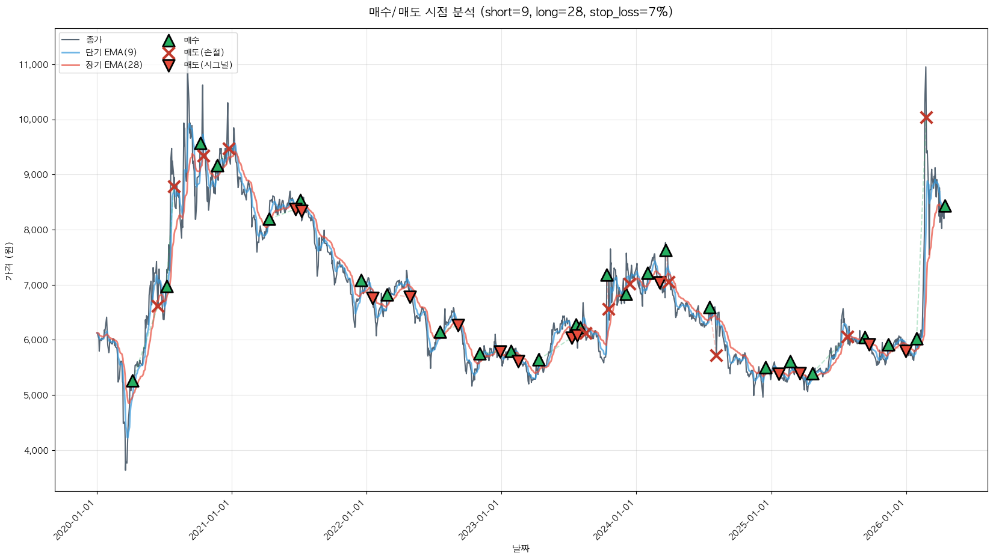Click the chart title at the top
521,12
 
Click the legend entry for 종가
94,40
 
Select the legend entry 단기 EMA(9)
111,52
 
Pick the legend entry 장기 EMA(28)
114,65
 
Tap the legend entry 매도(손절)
203,52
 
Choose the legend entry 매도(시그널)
208,65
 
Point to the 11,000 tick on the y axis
34,65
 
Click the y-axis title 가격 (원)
8,261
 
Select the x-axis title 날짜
521,548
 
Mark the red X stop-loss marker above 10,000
926,117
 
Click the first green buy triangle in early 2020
132,381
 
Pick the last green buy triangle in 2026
945,206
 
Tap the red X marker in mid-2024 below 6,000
716,355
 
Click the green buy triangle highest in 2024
666,250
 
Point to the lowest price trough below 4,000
125,469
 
